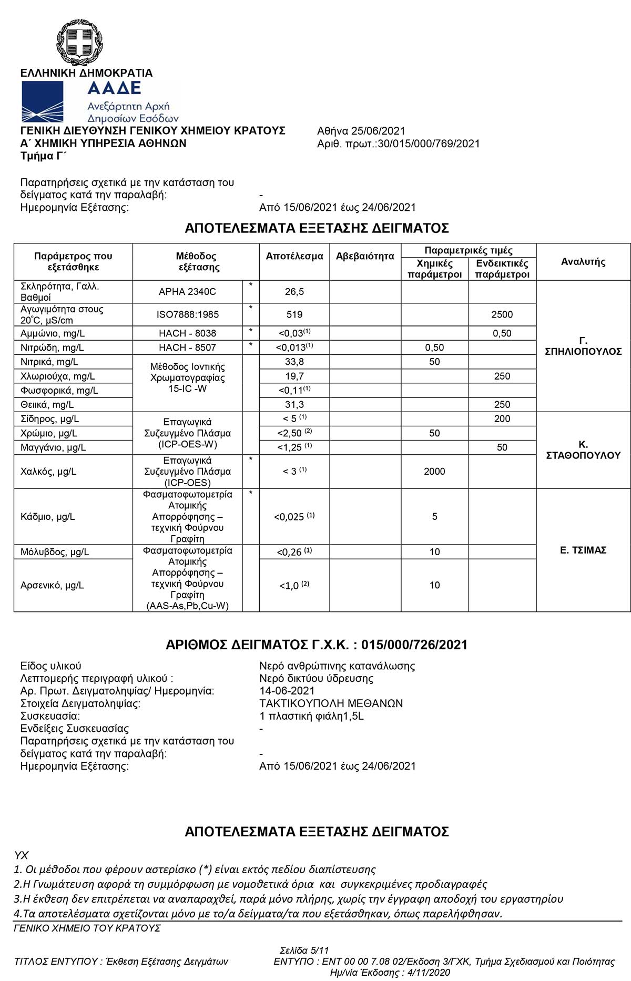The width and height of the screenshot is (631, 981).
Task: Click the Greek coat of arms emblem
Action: point(79,42)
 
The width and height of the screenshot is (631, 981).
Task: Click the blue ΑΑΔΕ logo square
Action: point(42,102)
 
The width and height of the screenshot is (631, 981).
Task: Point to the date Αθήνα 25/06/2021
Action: point(361,131)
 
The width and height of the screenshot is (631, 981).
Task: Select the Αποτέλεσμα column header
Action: point(294,257)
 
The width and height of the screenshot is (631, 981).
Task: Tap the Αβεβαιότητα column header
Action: point(365,257)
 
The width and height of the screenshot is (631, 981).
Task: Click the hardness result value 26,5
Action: point(294,291)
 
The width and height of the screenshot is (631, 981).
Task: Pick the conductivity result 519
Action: point(294,314)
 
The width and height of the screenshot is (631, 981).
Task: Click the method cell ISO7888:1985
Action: point(188,314)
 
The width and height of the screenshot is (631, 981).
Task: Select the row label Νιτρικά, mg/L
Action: point(49,362)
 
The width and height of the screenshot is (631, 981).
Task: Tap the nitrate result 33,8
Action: point(294,362)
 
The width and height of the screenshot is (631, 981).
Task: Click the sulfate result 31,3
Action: point(294,404)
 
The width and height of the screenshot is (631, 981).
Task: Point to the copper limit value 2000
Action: point(434,472)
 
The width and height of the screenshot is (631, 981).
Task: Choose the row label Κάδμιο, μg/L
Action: point(48,517)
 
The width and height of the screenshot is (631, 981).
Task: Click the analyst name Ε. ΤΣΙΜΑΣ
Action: point(583,550)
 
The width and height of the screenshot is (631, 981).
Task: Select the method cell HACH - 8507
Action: point(188,348)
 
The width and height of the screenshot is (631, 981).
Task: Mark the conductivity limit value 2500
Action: point(502,314)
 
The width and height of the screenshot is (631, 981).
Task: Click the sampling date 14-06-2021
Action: point(287,691)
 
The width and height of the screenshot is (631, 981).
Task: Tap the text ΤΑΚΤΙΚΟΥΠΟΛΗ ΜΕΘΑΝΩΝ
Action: point(331,703)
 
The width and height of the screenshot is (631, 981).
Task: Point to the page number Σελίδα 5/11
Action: point(304,950)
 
